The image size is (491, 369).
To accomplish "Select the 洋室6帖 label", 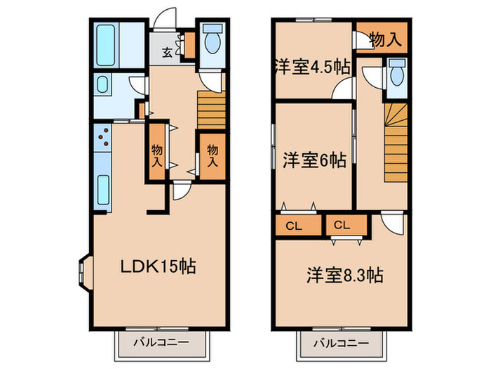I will coord(314,160).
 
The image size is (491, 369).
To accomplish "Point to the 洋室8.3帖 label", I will coord(344,275).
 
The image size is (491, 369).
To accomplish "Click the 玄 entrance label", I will coord(168,51).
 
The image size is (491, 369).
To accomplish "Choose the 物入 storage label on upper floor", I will coord(385,40).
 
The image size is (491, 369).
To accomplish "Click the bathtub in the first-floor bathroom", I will coord(107,44).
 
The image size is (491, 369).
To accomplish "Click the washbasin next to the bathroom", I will coord(102,87).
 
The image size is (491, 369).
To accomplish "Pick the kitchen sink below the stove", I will coord(102,186).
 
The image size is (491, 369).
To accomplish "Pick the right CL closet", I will coord(342,226).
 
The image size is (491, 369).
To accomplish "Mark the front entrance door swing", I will coord(165,17).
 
